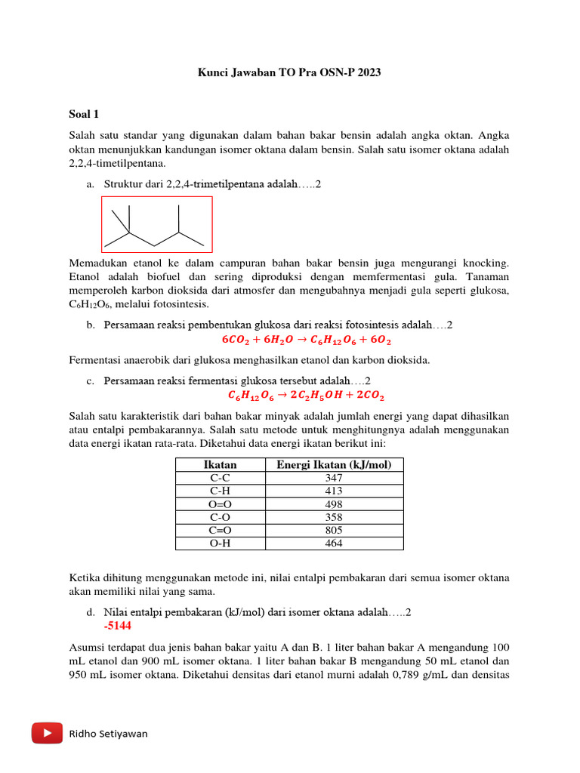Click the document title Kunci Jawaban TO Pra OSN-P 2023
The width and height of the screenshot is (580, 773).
[289, 73]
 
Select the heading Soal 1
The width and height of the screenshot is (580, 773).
[84, 114]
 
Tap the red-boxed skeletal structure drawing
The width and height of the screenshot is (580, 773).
[157, 224]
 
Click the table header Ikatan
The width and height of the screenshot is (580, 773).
[220, 464]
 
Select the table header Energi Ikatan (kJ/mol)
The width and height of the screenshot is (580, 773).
[334, 464]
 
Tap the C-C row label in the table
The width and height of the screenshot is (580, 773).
[220, 478]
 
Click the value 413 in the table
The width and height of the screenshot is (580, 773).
[334, 491]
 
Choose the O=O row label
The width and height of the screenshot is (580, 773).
[220, 504]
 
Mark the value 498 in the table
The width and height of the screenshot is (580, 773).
[334, 504]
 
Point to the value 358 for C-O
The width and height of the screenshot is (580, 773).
[334, 517]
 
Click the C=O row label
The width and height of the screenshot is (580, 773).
[220, 531]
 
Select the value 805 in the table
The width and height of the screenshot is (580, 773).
[334, 531]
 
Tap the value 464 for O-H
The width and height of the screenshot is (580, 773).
[334, 544]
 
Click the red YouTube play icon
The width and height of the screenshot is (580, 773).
[47, 733]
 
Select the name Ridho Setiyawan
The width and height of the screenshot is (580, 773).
[109, 734]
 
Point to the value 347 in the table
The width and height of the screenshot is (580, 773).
[334, 478]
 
